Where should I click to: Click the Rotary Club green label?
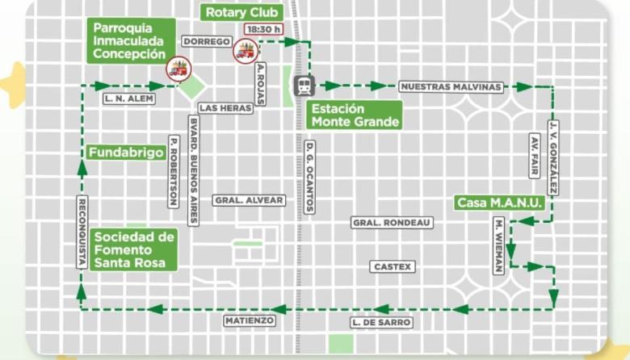click(x=242, y=13)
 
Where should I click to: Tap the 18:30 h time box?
click(x=263, y=30)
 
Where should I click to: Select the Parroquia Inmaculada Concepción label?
click(x=130, y=40)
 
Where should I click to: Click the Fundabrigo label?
click(x=128, y=152)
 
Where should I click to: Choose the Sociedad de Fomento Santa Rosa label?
click(x=134, y=250)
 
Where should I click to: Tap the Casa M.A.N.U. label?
click(x=498, y=203)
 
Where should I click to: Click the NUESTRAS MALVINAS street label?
click(x=451, y=86)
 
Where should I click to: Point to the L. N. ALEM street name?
click(x=128, y=98)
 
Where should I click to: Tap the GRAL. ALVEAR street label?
click(x=249, y=200)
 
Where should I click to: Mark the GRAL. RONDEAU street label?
click(x=392, y=222)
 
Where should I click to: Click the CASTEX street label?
click(x=393, y=266)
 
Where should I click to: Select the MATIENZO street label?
click(x=251, y=320)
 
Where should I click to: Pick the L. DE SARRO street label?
click(x=382, y=323)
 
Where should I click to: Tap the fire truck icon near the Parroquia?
click(x=176, y=68)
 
